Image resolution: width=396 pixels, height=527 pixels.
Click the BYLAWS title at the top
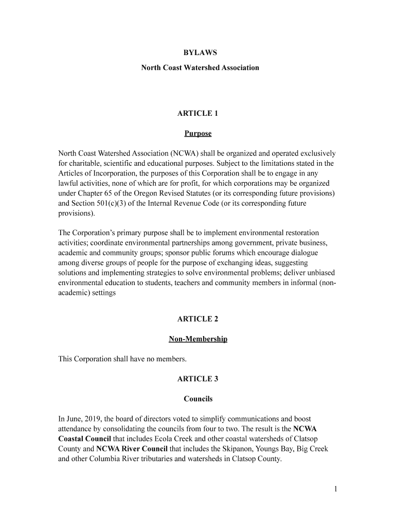197,53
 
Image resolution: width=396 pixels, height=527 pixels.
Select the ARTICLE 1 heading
197,113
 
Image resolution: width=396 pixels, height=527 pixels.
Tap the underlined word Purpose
197,134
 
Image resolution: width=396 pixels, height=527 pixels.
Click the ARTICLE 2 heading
197,319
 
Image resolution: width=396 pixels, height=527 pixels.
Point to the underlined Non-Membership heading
197,339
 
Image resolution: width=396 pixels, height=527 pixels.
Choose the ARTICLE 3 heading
197,379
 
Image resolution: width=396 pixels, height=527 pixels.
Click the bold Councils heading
197,399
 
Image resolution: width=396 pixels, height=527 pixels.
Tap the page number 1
335,489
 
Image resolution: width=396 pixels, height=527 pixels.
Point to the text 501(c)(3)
107,203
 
